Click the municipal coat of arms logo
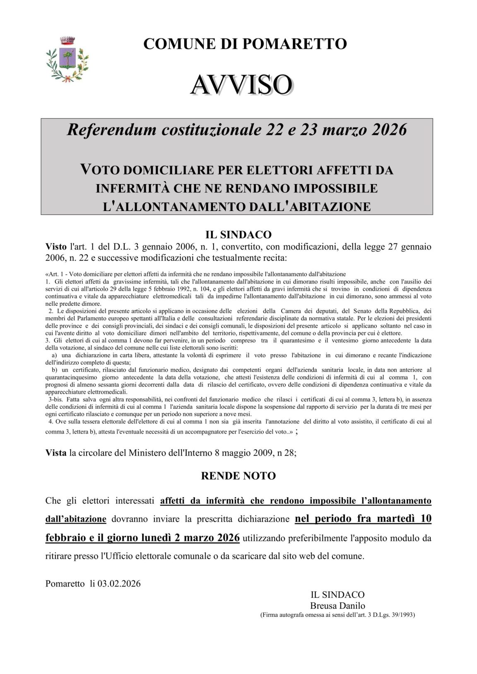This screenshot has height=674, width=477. (x=67, y=59)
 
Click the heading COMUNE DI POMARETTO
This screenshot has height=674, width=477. (x=245, y=43)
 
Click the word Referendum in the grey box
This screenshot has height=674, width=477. (x=111, y=130)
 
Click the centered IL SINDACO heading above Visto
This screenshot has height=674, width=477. (x=238, y=235)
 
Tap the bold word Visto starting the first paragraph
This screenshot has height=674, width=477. (x=56, y=247)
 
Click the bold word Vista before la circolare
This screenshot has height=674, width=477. (x=56, y=453)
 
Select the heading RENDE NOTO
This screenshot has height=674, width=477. (x=238, y=476)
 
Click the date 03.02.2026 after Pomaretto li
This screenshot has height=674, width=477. (x=119, y=584)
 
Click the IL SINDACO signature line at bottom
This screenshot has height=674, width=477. (x=337, y=595)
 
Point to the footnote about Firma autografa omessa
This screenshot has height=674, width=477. (x=337, y=615)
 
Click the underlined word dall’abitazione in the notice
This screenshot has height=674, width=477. (x=76, y=519)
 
